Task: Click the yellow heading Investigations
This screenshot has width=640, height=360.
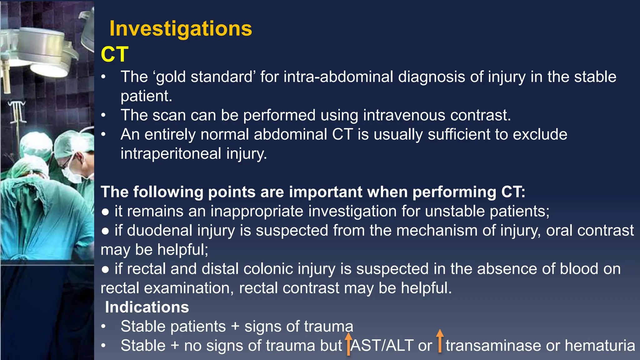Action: pos(181,29)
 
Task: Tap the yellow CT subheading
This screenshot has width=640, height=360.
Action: pos(114,54)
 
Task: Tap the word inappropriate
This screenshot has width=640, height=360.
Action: pos(257,211)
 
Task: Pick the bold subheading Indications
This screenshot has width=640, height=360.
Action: pos(147,307)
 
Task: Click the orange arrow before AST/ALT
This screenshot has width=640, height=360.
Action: pos(348,344)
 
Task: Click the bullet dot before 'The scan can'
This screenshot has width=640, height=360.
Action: pos(103,115)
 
